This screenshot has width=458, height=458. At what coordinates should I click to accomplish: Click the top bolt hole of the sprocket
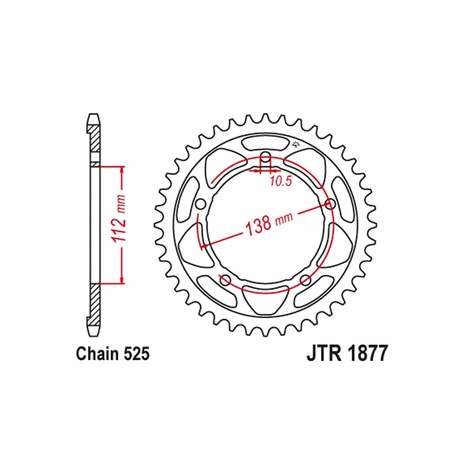(265, 156)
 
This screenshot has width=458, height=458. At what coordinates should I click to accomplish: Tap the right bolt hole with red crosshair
(330, 205)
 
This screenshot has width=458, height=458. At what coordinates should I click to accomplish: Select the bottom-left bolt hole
(224, 279)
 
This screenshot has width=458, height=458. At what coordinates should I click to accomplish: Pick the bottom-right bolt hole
(305, 279)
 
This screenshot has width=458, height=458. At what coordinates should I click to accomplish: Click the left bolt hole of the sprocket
(200, 205)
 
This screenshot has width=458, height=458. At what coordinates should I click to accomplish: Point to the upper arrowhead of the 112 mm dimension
(122, 169)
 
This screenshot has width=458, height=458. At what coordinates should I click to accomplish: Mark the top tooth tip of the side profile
(92, 115)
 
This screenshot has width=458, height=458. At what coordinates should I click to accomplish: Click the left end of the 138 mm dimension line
(203, 247)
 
